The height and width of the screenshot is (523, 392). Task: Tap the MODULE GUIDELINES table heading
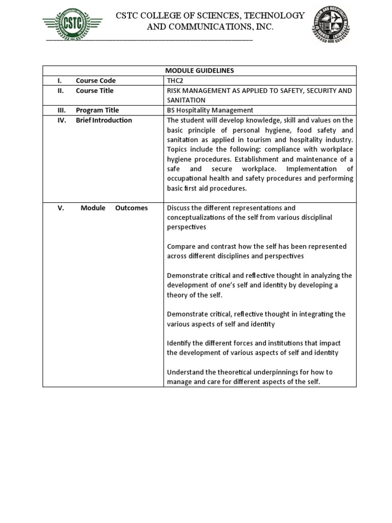[199, 70]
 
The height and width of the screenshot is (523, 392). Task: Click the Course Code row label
[95, 81]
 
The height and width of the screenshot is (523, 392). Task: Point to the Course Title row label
[94, 91]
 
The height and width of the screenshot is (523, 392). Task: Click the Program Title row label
[97, 110]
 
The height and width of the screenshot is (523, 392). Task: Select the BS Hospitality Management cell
[210, 110]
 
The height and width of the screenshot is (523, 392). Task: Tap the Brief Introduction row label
[104, 121]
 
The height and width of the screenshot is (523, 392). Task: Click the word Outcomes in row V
[131, 208]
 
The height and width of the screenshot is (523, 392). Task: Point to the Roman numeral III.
[61, 110]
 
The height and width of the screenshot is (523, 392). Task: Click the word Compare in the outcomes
[182, 247]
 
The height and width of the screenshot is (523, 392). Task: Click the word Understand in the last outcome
[186, 372]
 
